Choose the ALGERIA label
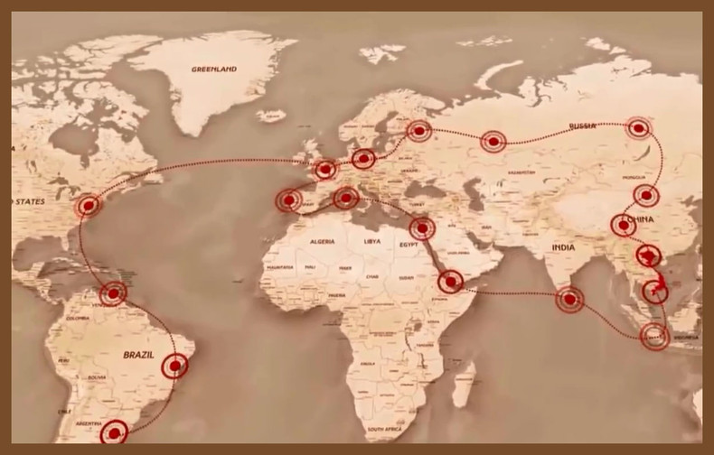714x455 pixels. pyautogui.click(x=323, y=242)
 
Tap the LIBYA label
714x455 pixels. pyautogui.click(x=372, y=242)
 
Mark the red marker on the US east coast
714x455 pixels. pyautogui.click(x=88, y=206)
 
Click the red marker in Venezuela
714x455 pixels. pyautogui.click(x=114, y=292)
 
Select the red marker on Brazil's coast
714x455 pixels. pyautogui.click(x=175, y=366)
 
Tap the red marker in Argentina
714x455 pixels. pyautogui.click(x=114, y=433)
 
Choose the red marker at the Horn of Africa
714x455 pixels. pyautogui.click(x=450, y=283)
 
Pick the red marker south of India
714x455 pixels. pyautogui.click(x=569, y=299)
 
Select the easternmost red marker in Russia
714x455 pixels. pyautogui.click(x=640, y=129)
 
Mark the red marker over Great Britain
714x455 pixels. pyautogui.click(x=325, y=168)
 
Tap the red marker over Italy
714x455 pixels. pyautogui.click(x=345, y=197)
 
